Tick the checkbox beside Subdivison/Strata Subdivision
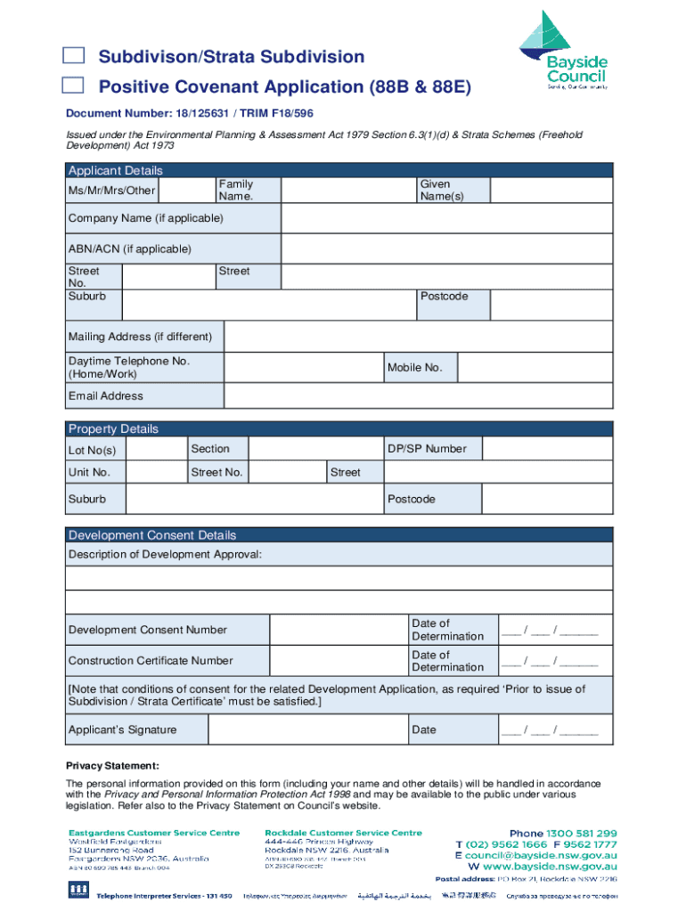73,56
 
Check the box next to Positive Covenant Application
73,85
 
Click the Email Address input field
418,395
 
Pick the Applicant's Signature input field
306,729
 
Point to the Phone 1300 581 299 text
563,833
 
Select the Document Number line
189,113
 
